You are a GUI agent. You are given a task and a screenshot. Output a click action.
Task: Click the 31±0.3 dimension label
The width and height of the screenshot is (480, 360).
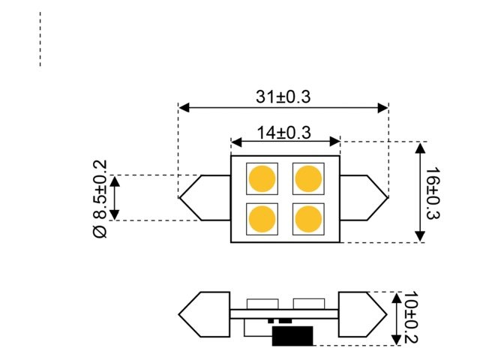283,97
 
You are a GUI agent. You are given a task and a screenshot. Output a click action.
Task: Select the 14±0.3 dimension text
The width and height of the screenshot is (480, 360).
283,133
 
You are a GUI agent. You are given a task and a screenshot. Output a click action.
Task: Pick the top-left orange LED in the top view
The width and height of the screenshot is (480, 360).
262,179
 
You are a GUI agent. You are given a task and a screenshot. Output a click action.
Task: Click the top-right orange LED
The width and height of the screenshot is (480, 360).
308,179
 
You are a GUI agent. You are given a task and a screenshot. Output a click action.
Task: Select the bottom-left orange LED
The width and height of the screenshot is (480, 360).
262,218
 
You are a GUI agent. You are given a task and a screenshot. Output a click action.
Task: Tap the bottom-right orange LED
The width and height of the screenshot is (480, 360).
308,218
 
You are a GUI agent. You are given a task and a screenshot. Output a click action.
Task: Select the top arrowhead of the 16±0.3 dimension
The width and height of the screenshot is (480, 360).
420,145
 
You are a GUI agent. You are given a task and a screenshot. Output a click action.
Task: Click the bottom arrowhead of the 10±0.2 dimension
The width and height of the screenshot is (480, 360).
397,341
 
